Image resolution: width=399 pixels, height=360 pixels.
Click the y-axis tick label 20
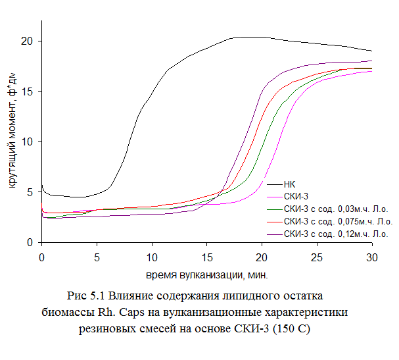pos(28,41)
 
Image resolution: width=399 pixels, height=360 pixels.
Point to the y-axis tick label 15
pos(28,91)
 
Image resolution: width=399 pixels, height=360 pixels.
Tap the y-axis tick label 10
pos(28,142)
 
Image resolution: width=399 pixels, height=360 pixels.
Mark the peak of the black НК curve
pos(250,37)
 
